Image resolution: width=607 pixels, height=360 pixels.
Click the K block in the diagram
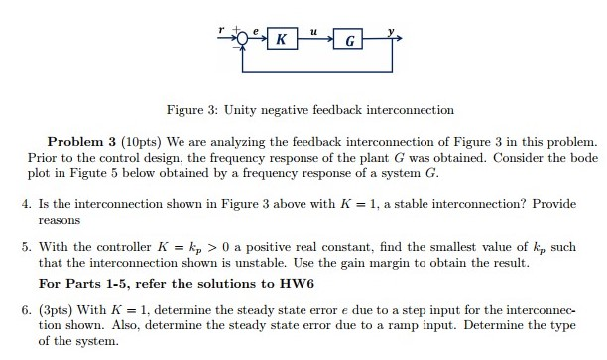click(x=283, y=40)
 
